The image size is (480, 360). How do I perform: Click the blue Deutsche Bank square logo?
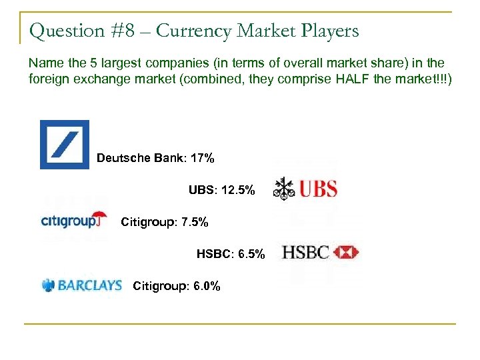coord(65,145)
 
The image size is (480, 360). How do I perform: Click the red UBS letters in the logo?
coord(317,189)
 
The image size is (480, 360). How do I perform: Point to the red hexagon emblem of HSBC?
coord(345,252)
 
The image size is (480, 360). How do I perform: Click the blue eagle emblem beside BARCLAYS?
coord(48,285)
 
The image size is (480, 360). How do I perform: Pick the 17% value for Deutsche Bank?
coord(201,158)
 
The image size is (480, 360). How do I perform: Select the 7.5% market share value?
coord(191,222)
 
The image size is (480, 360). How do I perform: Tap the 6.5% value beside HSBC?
coord(249,254)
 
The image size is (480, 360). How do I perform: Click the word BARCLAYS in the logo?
coord(90,285)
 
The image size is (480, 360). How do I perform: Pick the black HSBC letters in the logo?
coord(305,252)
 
